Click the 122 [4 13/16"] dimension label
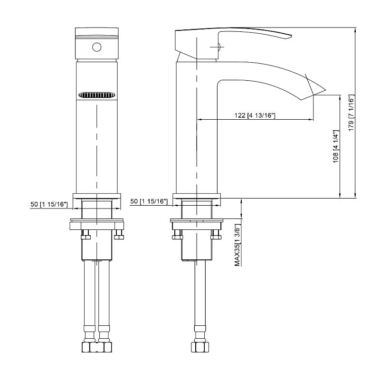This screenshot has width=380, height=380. tap(255, 115)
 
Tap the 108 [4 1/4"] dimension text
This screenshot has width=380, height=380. tap(336, 146)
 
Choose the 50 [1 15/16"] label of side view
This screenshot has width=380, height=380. tap(149, 201)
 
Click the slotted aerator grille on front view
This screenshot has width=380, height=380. tap(97, 95)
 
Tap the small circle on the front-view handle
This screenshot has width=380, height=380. tap(97, 47)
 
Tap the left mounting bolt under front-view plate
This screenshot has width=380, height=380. tap(86, 235)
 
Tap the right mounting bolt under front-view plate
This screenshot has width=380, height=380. tap(119, 235)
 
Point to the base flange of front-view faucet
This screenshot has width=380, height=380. tap(97, 196)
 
